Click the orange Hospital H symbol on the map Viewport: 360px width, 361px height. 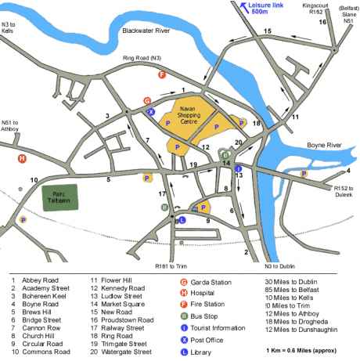22,158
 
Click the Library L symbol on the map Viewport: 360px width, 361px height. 183,220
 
